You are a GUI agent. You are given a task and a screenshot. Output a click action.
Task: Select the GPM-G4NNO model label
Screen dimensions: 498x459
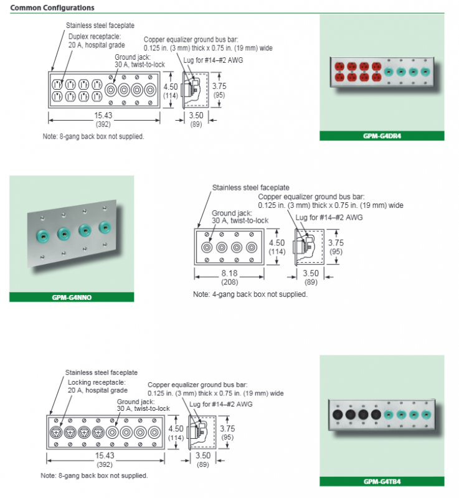click(x=72, y=297)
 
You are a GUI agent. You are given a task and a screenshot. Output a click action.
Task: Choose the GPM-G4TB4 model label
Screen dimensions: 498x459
click(x=382, y=481)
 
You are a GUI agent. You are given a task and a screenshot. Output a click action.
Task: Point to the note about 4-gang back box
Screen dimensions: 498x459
click(x=250, y=294)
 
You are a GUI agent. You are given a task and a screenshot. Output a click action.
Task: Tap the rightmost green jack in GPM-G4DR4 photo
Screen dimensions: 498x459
click(x=425, y=72)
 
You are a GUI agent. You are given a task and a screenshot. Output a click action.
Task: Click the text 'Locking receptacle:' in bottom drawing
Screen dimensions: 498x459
click(x=97, y=382)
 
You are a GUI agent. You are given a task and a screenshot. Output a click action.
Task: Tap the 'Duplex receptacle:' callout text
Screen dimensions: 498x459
click(x=95, y=36)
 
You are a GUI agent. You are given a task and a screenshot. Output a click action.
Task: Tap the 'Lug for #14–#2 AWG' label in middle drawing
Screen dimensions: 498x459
click(x=328, y=217)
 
